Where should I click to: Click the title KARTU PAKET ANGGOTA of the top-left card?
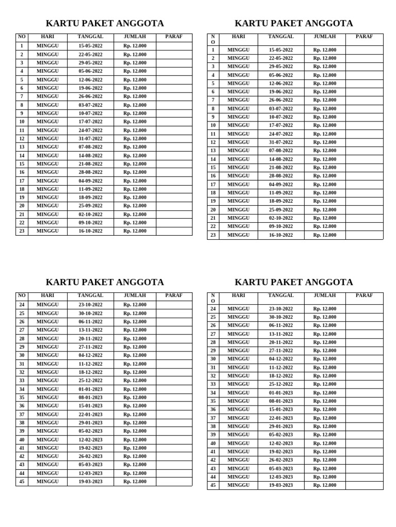point(105,23)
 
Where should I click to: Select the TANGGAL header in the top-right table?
point(280,37)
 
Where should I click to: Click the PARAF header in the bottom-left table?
point(174,296)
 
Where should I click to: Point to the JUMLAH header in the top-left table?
point(135,37)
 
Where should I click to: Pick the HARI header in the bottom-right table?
point(238,296)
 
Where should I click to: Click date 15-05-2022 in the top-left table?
point(90,46)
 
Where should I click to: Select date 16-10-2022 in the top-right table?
point(280,235)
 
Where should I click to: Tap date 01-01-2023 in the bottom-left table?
point(90,389)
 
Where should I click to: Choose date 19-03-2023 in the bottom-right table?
point(280,485)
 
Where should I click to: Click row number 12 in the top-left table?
point(22,138)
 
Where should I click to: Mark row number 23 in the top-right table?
point(213,235)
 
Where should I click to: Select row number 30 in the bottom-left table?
point(22,355)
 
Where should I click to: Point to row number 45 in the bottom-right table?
point(213,485)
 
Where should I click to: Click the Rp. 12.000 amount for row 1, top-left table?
point(135,46)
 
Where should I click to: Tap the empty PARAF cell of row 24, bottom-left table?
point(174,305)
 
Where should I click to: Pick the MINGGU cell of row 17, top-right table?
point(238,184)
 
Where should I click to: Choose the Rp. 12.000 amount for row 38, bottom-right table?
point(325,426)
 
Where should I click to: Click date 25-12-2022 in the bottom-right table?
point(280,384)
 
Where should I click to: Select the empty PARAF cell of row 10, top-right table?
point(364,126)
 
